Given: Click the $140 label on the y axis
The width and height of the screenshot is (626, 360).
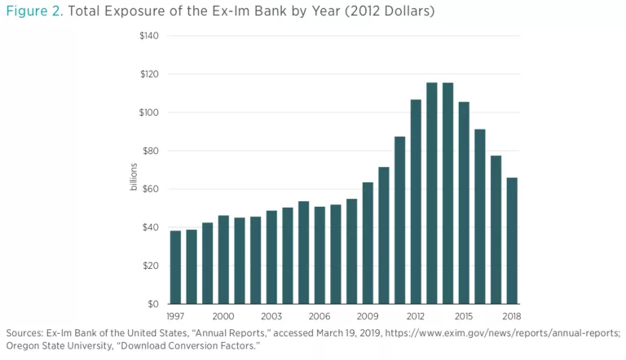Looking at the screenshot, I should (x=148, y=36).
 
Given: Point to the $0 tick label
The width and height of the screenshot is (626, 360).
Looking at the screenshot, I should (x=153, y=304).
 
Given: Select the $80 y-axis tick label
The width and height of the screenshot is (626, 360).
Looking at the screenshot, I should (x=151, y=151).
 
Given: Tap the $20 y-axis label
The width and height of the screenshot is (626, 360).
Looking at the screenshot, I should (x=151, y=266).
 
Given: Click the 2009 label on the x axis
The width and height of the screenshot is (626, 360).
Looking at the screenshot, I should (x=368, y=316).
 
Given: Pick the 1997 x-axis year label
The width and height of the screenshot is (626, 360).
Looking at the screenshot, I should (x=175, y=316).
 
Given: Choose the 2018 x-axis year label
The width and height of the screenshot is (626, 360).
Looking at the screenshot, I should (x=512, y=316).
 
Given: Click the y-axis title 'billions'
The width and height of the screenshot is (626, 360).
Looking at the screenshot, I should (x=134, y=178).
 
